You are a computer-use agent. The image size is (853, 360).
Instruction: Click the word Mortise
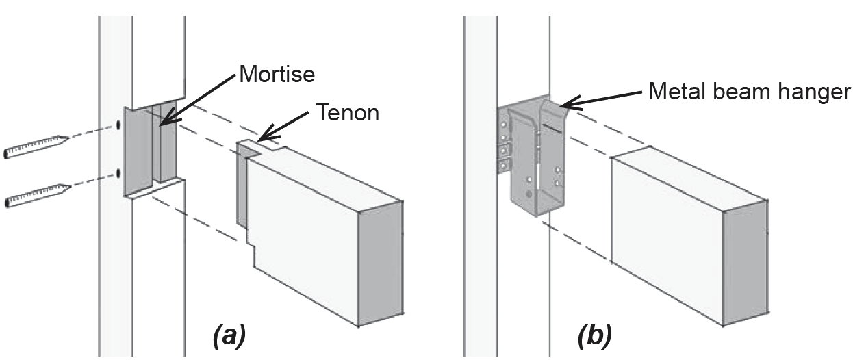[277, 74]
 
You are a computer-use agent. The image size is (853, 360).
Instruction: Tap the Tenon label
[348, 113]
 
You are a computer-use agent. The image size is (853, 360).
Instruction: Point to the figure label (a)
[229, 336]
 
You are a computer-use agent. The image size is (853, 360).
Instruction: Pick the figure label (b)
[595, 336]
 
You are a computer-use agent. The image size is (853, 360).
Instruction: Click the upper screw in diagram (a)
[36, 146]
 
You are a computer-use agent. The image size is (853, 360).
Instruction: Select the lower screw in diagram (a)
[38, 196]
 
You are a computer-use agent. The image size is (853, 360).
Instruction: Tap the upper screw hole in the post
[118, 125]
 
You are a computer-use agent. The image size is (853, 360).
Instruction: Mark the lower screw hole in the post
[118, 174]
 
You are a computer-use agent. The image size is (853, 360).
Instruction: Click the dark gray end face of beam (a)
[381, 263]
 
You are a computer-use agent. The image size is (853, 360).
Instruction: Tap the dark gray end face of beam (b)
[746, 263]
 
